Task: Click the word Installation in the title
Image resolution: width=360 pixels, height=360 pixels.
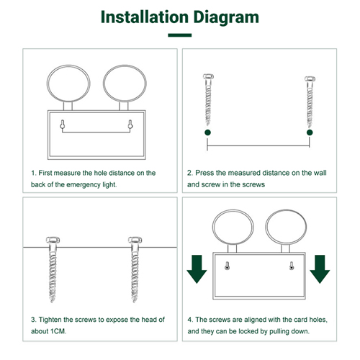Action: (x=145, y=17)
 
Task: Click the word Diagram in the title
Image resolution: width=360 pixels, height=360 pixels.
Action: (x=226, y=17)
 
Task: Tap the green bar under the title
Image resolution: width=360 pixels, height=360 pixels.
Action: (x=180, y=35)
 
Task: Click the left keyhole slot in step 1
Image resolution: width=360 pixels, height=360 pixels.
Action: (x=63, y=125)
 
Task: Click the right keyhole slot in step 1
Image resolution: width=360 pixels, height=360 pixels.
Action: (x=130, y=125)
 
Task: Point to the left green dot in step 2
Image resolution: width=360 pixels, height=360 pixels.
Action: (x=208, y=132)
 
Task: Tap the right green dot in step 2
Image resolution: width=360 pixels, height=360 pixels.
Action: (x=310, y=132)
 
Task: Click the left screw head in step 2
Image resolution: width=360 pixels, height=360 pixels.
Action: (x=208, y=76)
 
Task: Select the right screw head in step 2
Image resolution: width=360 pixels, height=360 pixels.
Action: (x=310, y=79)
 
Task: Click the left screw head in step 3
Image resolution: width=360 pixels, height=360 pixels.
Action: (x=53, y=240)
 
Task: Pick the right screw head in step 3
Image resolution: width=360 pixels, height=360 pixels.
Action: (x=135, y=240)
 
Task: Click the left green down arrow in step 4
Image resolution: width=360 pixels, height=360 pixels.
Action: (x=197, y=269)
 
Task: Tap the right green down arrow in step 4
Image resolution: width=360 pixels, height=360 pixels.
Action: (x=320, y=269)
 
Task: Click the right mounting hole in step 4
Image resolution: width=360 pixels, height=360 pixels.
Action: (x=292, y=266)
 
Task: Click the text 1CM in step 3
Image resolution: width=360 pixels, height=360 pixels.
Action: (x=58, y=331)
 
